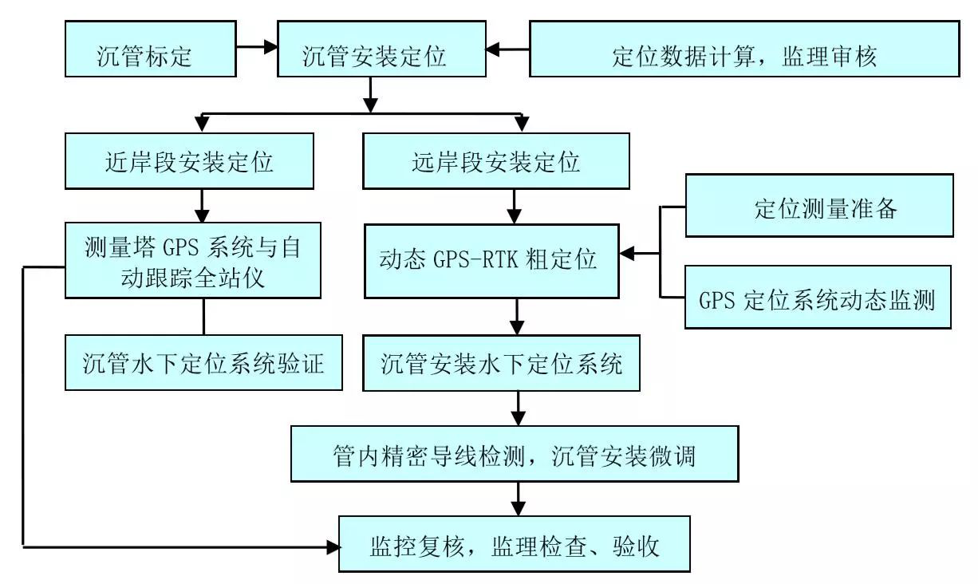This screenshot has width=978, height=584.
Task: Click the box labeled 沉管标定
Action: pos(151,49)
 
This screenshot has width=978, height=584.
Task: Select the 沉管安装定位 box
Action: pos(381,49)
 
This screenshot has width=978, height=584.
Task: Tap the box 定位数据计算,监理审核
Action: pos(743,49)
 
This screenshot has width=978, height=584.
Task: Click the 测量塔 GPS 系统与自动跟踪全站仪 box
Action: pos(192,261)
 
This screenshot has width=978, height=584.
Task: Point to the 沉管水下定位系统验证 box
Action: pos(203,362)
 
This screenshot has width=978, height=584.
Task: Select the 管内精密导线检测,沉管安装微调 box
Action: pos(514,453)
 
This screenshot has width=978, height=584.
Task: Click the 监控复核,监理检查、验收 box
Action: pos(514,545)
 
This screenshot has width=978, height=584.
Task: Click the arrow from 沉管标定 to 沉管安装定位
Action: pos(256,48)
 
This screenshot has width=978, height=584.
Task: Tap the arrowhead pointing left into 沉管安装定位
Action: pos(496,49)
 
